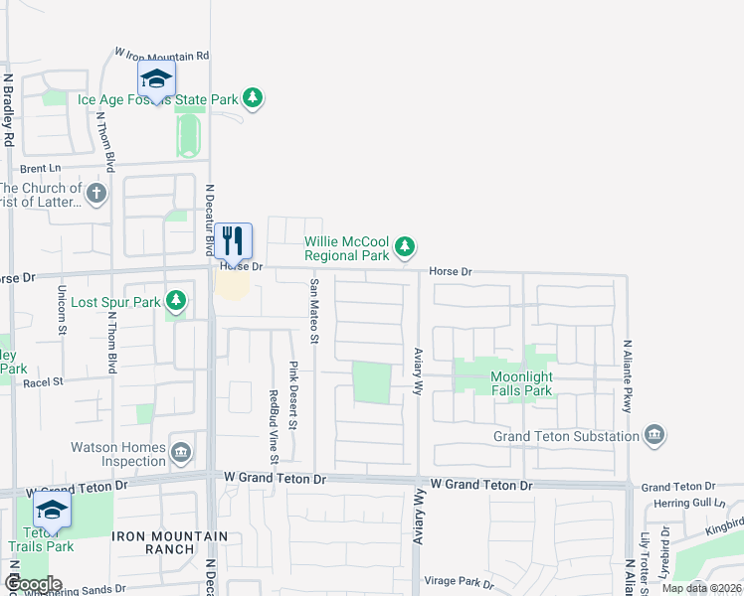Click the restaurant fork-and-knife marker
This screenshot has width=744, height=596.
tap(233, 240)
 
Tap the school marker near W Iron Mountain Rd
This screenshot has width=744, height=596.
tap(156, 78)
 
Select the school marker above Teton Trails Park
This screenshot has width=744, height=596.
tap(51, 512)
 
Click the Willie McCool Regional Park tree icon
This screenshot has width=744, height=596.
tap(404, 245)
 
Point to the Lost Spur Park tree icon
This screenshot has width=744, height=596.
tap(176, 299)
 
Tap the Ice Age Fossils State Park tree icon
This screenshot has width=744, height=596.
tap(254, 97)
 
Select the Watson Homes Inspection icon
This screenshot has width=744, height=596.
tap(181, 453)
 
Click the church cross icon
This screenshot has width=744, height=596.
tap(96, 193)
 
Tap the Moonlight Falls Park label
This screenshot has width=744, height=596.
tap(535, 384)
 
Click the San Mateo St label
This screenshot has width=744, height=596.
tap(313, 311)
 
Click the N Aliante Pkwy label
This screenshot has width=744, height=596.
tap(628, 376)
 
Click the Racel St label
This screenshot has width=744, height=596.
tap(44, 380)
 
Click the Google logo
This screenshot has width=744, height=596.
tap(32, 584)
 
